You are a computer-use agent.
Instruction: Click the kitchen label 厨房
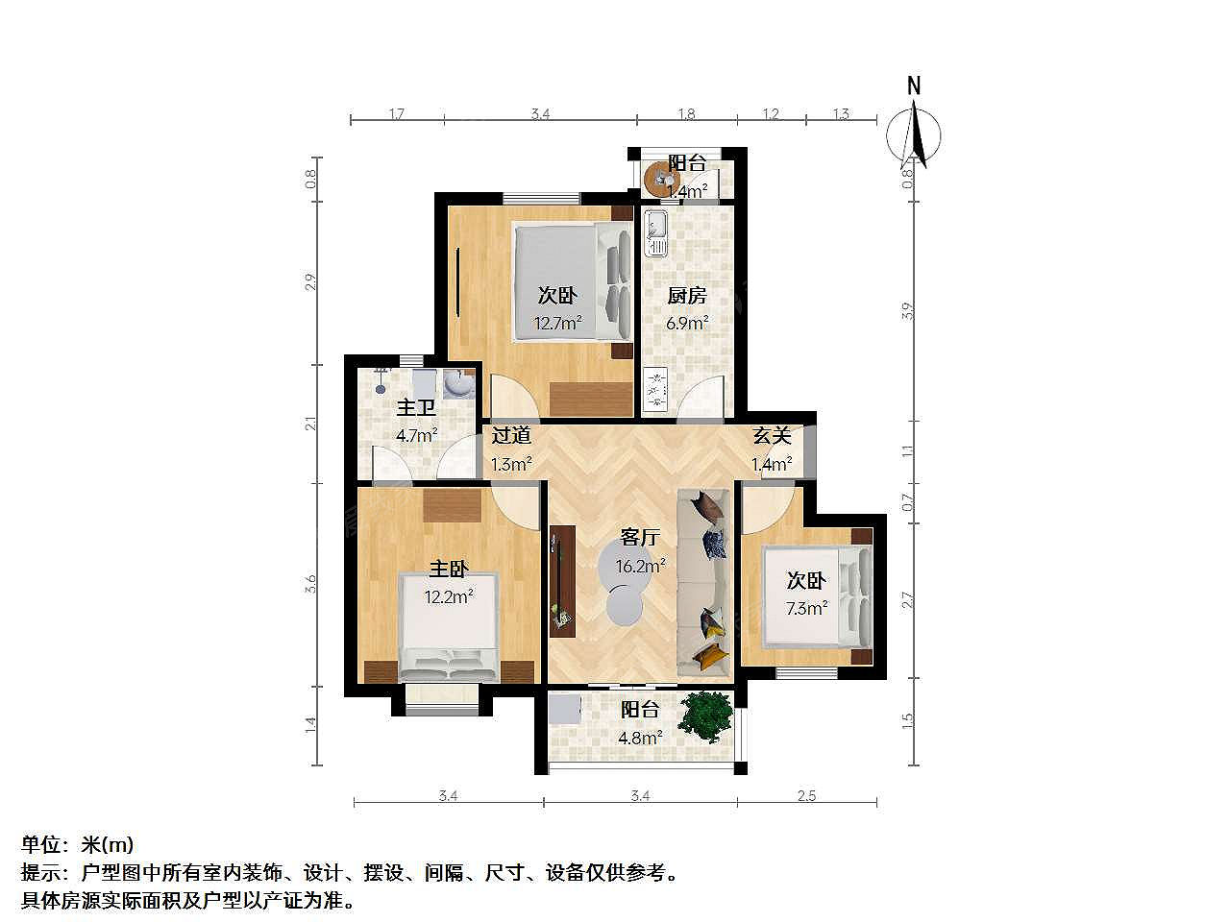[686, 296]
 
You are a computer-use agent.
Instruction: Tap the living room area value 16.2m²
[640, 566]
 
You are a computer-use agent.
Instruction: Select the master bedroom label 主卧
[449, 569]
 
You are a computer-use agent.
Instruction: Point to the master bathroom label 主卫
[415, 407]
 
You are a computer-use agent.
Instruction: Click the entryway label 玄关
[771, 435]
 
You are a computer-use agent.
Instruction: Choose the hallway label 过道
[511, 435]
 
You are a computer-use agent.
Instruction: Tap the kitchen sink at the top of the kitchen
[655, 232]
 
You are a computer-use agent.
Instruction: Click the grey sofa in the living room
[704, 583]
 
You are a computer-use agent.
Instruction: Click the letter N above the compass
[914, 86]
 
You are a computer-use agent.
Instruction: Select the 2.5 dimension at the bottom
[806, 795]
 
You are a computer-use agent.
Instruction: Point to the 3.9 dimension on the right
[908, 310]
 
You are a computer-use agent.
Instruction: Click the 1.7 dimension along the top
[396, 114]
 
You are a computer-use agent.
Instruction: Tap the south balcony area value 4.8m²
[640, 738]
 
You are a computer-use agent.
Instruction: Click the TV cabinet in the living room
[562, 581]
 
